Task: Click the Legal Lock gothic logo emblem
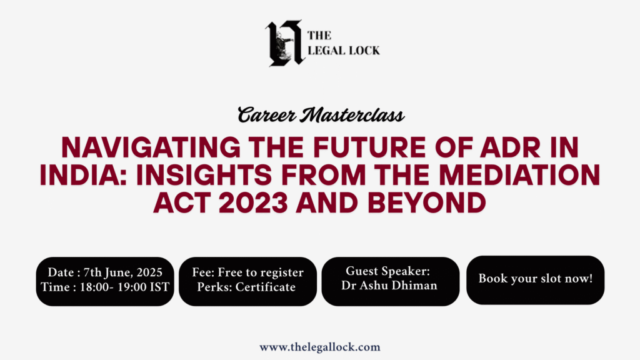click(285, 43)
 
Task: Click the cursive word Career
click(267, 115)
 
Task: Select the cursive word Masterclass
click(352, 115)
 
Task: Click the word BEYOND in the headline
click(427, 202)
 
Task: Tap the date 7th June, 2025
click(123, 272)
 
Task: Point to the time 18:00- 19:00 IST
click(124, 287)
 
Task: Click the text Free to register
click(261, 272)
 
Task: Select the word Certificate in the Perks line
click(265, 287)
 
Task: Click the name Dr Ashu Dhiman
click(389, 285)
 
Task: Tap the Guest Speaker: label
click(387, 271)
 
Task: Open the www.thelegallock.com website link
click(319, 347)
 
